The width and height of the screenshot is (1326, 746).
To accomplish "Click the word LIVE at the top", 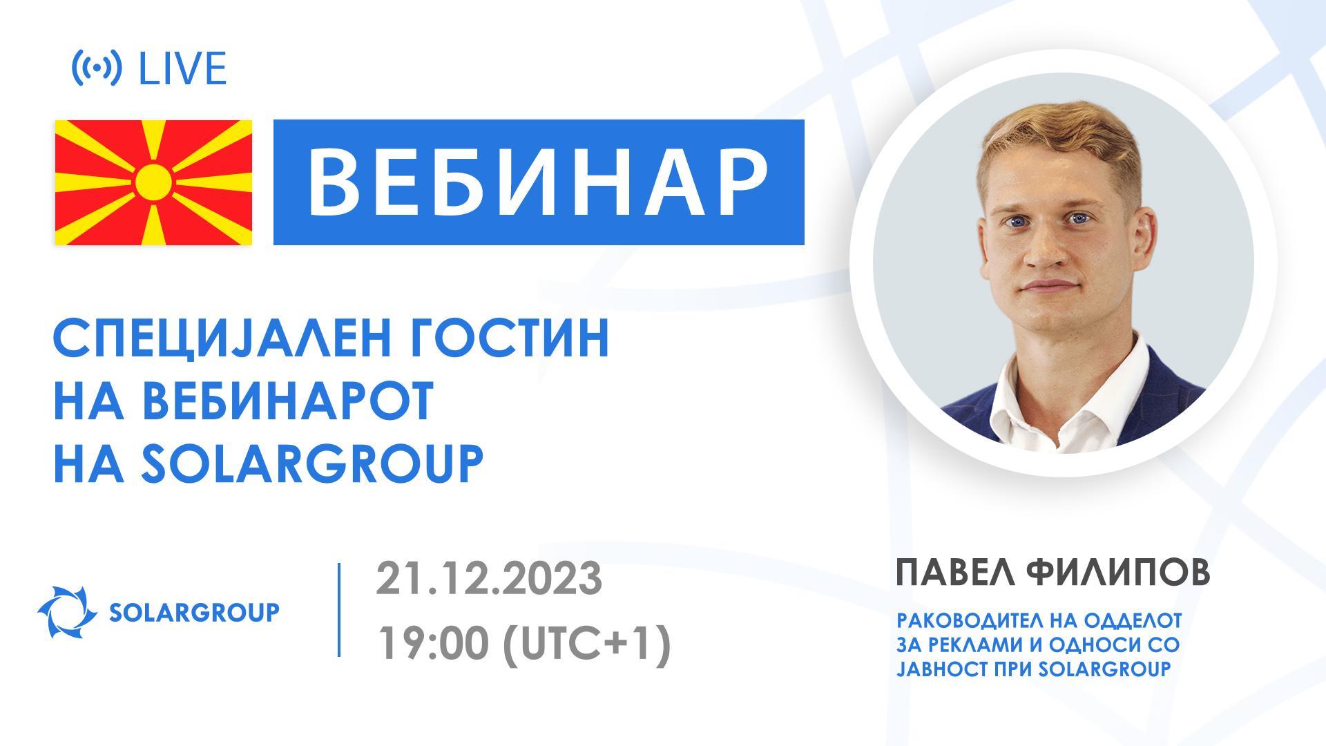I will pos(183,69).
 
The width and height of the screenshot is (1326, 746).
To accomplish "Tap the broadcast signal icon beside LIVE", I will pos(97,68).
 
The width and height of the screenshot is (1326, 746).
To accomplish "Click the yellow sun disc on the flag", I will pos(153,182).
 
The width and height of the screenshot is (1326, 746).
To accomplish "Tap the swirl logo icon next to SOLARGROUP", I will pos(66,612).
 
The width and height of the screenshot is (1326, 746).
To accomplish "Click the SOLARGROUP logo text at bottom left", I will pos(195,612).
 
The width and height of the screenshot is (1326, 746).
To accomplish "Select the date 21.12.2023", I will pos(489,579).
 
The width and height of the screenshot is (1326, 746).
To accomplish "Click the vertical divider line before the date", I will pos(339,610).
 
